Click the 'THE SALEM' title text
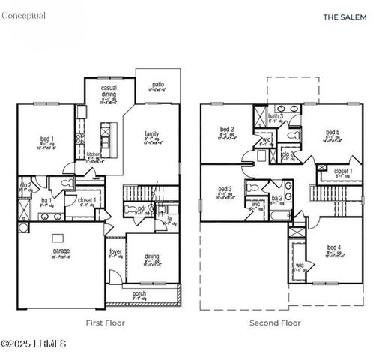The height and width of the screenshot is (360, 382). tap(344, 16)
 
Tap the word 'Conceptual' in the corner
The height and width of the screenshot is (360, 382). tap(23, 16)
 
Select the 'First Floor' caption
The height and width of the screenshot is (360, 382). tap(105, 322)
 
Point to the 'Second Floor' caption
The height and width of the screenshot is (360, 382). tap(275, 322)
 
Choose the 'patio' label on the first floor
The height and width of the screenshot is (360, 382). tap(158, 85)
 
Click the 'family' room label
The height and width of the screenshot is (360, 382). tap(152, 134)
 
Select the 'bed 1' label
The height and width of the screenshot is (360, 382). tap(46, 139)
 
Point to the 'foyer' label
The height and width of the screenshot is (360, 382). tap(115, 251)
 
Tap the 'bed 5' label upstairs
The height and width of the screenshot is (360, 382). tap(333, 133)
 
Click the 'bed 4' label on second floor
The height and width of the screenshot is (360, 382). tap(334, 248)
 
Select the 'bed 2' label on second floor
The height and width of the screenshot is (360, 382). tap(228, 130)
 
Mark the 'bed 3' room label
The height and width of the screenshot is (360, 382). tap(225, 189)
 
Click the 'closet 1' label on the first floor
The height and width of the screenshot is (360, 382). tap(85, 200)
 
